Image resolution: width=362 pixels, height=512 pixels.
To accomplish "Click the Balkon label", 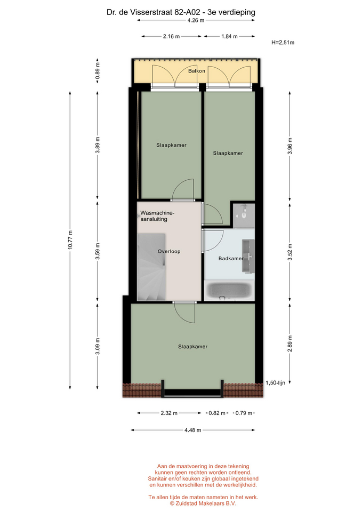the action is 197,71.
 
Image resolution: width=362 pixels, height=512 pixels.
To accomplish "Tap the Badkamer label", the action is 231,258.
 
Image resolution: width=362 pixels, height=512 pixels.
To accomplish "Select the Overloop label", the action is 169,251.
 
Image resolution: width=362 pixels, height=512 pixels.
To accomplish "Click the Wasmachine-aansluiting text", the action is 157,216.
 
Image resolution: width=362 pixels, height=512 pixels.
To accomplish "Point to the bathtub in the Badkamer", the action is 229,291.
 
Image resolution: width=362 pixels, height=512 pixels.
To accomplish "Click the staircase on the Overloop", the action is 151,267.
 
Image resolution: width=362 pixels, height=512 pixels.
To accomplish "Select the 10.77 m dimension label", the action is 70,240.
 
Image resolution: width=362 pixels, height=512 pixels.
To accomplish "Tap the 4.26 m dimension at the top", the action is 196,20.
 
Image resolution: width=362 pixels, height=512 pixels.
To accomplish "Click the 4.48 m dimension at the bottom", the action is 192,430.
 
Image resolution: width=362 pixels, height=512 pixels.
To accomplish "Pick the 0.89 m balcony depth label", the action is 97,71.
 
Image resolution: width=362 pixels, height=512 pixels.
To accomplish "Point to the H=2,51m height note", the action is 283,43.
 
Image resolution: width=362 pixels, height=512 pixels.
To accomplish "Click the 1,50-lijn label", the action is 275,383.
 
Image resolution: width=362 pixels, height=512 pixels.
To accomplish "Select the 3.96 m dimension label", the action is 290,146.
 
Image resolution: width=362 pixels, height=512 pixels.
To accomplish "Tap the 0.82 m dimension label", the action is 217,413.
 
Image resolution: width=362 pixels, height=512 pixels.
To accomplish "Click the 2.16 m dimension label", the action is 171,36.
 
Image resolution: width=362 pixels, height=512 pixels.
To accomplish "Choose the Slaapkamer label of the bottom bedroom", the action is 192,347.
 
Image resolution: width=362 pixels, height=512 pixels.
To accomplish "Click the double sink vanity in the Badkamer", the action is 248,255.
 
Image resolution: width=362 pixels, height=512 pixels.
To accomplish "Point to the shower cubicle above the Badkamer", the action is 244,215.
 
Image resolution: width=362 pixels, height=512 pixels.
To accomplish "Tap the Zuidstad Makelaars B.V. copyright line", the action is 203,503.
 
